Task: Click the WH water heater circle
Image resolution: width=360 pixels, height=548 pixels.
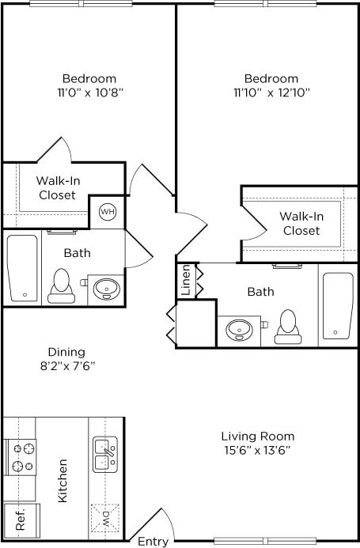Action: [107, 212]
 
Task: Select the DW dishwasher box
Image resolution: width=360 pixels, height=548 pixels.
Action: [106, 520]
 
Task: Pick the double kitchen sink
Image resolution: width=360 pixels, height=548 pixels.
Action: [106, 454]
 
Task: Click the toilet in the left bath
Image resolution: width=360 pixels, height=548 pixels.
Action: [60, 286]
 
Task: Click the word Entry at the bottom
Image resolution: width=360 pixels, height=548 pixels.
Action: [153, 542]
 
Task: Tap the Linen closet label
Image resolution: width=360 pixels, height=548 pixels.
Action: [186, 281]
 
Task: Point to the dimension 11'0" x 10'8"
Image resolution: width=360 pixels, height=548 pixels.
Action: [89, 93]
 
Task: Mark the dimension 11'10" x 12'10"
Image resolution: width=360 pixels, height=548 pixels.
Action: [271, 93]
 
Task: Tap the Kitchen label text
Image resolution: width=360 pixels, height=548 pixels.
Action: [62, 481]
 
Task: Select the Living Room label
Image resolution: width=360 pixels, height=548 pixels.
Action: [257, 436]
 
